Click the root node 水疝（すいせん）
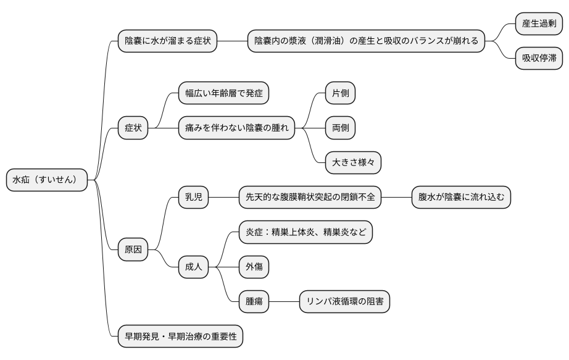pos(47,180)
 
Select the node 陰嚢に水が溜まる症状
pos(167,41)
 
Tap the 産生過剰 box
pos(539,24)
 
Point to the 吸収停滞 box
pos(539,59)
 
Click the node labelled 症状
pos(133,128)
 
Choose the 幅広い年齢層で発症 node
pos(223,93)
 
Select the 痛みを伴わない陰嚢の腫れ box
pos(236,128)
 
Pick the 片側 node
pos(341,93)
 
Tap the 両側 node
pos(341,128)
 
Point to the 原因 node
pos(133,249)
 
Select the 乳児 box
pos(194,198)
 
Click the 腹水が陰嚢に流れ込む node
pos(462,198)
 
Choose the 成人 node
pos(194,267)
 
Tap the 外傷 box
pos(254,267)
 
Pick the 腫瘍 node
pos(254,301)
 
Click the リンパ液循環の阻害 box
pos(344,301)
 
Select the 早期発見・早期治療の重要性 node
pos(180,337)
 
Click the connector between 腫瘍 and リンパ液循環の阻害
pos(284,301)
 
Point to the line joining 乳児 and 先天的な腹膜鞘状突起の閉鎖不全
pos(224,198)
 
